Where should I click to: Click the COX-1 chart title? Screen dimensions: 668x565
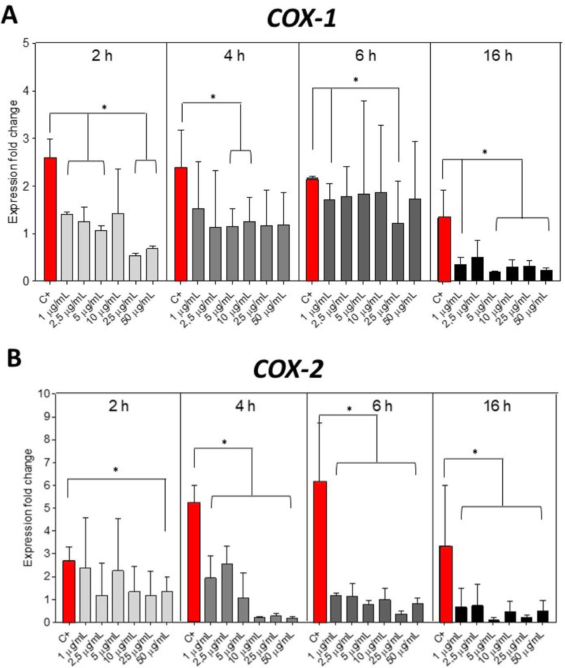(x=301, y=19)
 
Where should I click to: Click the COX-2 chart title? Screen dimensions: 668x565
(x=288, y=369)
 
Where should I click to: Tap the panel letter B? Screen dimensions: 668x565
(x=13, y=359)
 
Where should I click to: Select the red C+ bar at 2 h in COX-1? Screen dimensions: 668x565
(x=50, y=219)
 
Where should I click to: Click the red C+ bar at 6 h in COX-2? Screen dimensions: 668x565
(x=320, y=552)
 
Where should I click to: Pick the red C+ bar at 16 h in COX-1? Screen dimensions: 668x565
(x=444, y=249)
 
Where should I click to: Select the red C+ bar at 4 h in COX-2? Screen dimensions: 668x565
(x=194, y=562)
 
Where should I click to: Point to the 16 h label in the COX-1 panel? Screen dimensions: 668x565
(x=498, y=56)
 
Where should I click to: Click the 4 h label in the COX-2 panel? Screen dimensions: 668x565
(x=245, y=405)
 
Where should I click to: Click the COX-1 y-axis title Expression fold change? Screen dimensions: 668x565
(x=14, y=161)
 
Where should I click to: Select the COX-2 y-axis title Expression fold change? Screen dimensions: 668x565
(x=28, y=507)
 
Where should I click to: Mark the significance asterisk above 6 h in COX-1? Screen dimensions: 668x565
(x=356, y=80)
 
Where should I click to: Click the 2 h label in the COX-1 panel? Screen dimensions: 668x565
(x=102, y=56)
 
